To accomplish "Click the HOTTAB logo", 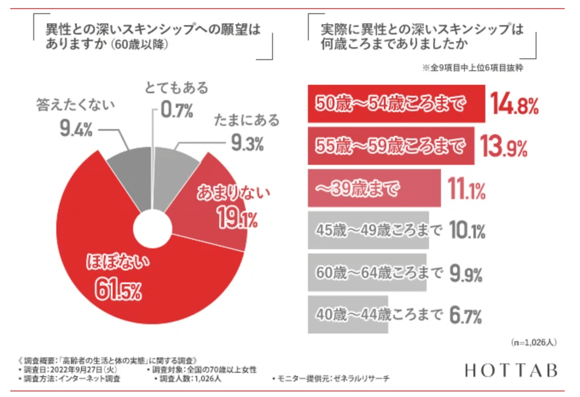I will pyautogui.click(x=511, y=370).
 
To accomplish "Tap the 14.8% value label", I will pyautogui.click(x=513, y=104).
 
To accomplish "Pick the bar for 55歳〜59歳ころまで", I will pyautogui.click(x=391, y=146).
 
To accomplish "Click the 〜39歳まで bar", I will pyautogui.click(x=374, y=188).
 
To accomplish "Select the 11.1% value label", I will pyautogui.click(x=466, y=189).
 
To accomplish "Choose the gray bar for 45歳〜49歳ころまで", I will pyautogui.click(x=368, y=230).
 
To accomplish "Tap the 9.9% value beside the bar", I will pyautogui.click(x=466, y=273).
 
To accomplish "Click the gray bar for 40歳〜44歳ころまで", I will pyautogui.click(x=348, y=315).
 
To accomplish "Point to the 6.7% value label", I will pyautogui.click(x=465, y=316).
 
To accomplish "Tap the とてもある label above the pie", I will pyautogui.click(x=177, y=88).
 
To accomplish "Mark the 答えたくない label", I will pyautogui.click(x=75, y=105).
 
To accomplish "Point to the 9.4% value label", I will pyautogui.click(x=76, y=128).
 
